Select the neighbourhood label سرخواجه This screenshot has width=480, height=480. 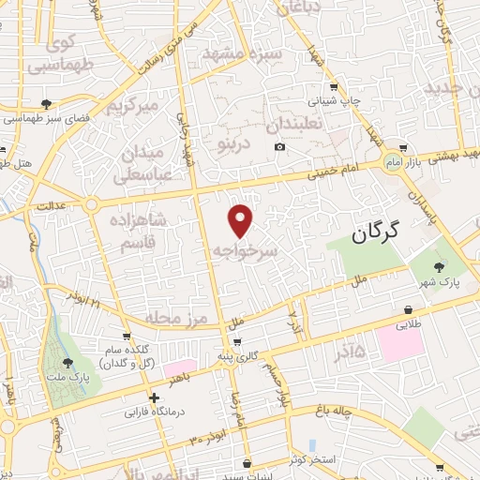click(246, 250)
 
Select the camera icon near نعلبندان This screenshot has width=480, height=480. click(280, 147)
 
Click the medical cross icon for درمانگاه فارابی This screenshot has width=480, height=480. click(154, 397)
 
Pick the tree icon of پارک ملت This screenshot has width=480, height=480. click(67, 362)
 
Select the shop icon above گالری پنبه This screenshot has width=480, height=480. click(237, 341)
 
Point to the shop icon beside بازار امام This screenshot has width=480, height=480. click(403, 147)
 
